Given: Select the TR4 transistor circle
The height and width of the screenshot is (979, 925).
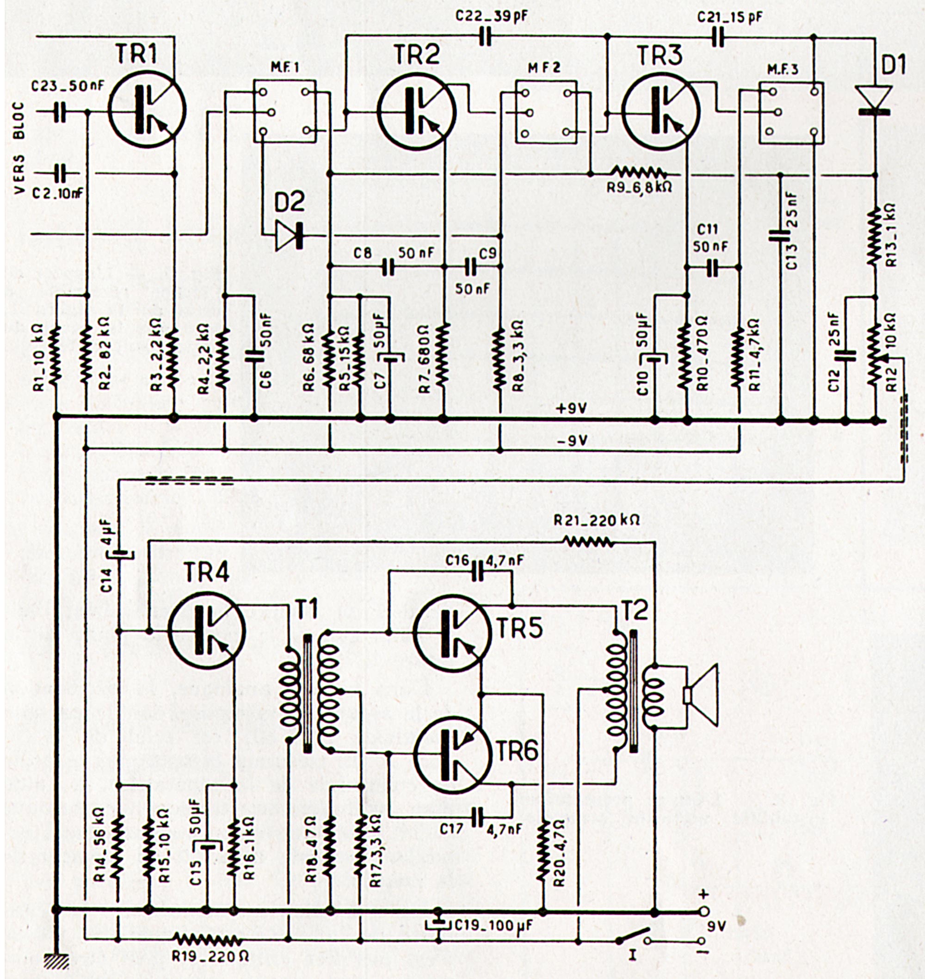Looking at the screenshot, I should click(x=207, y=630).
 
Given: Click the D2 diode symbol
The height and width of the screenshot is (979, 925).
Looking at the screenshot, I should click(x=290, y=236).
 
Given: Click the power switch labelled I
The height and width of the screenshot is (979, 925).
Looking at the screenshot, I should click(x=633, y=939).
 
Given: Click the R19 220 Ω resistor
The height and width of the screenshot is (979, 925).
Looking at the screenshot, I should click(x=207, y=939).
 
